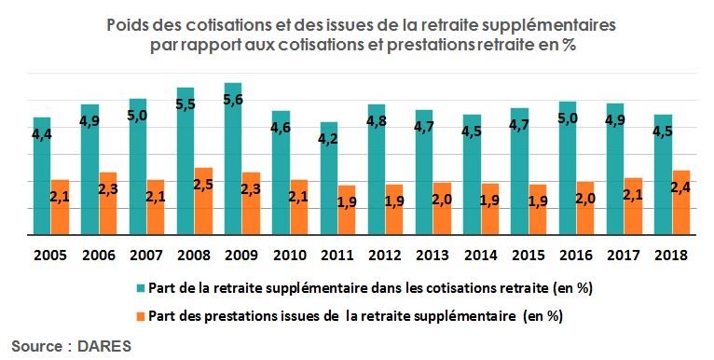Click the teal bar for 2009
tap(232, 159)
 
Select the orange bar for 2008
tap(203, 201)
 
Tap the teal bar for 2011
tap(328, 177)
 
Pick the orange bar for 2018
tap(681, 202)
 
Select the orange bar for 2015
tap(538, 209)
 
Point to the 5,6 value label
tap(233, 100)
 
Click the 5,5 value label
tap(185, 104)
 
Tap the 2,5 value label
tap(203, 185)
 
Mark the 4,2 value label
tap(329, 139)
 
